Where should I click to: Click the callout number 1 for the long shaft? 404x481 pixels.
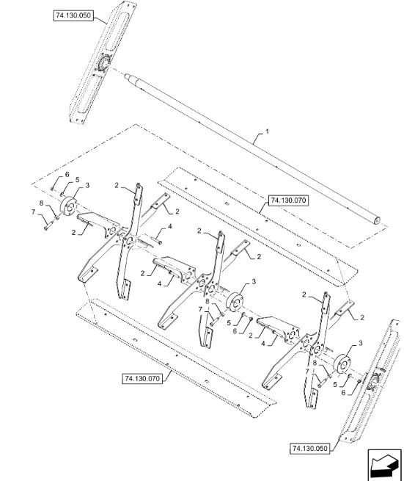(267, 131)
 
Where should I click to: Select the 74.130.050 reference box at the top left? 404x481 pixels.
(73, 15)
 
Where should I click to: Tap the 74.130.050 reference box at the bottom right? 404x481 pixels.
(309, 448)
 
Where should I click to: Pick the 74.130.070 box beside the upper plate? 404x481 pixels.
(288, 200)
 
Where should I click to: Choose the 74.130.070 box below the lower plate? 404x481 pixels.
(142, 378)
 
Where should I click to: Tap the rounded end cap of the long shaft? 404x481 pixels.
(376, 220)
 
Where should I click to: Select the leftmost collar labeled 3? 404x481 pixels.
(69, 206)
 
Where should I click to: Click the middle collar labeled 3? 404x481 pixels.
(235, 302)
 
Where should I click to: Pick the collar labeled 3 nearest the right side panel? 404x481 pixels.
(342, 364)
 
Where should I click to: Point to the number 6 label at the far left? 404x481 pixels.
(67, 175)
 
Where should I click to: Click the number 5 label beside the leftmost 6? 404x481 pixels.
(77, 179)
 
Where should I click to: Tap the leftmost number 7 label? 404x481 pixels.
(34, 212)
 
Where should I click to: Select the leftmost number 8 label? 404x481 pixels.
(41, 203)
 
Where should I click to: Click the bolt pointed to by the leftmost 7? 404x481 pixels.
(48, 227)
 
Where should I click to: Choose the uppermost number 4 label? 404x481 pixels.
(170, 227)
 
